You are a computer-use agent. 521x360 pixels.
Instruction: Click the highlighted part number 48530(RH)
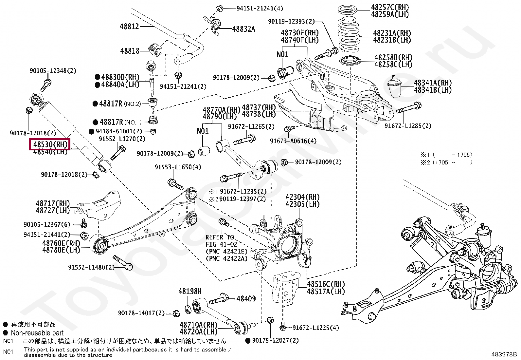(50, 144)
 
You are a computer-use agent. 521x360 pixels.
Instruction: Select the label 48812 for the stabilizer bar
(129, 27)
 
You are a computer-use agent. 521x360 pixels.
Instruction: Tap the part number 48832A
(243, 29)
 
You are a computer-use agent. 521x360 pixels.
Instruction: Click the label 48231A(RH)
(392, 33)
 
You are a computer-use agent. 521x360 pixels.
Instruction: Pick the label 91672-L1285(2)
(408, 126)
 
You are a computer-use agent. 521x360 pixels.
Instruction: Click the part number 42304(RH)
(302, 197)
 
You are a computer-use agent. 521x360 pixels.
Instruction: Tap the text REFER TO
(220, 237)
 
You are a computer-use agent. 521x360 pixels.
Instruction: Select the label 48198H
(190, 291)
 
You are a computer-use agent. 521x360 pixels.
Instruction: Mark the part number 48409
(246, 298)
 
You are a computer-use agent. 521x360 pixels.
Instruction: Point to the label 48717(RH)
(53, 203)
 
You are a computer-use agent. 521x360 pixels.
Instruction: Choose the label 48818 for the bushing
(130, 51)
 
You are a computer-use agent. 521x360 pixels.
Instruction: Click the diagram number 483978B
(504, 354)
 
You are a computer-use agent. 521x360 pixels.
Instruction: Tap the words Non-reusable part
(37, 333)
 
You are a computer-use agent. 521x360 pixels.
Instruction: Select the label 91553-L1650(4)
(178, 167)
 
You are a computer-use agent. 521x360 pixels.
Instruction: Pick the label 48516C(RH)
(326, 284)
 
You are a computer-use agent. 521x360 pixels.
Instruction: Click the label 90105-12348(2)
(53, 71)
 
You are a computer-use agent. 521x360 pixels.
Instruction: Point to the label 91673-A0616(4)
(293, 141)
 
